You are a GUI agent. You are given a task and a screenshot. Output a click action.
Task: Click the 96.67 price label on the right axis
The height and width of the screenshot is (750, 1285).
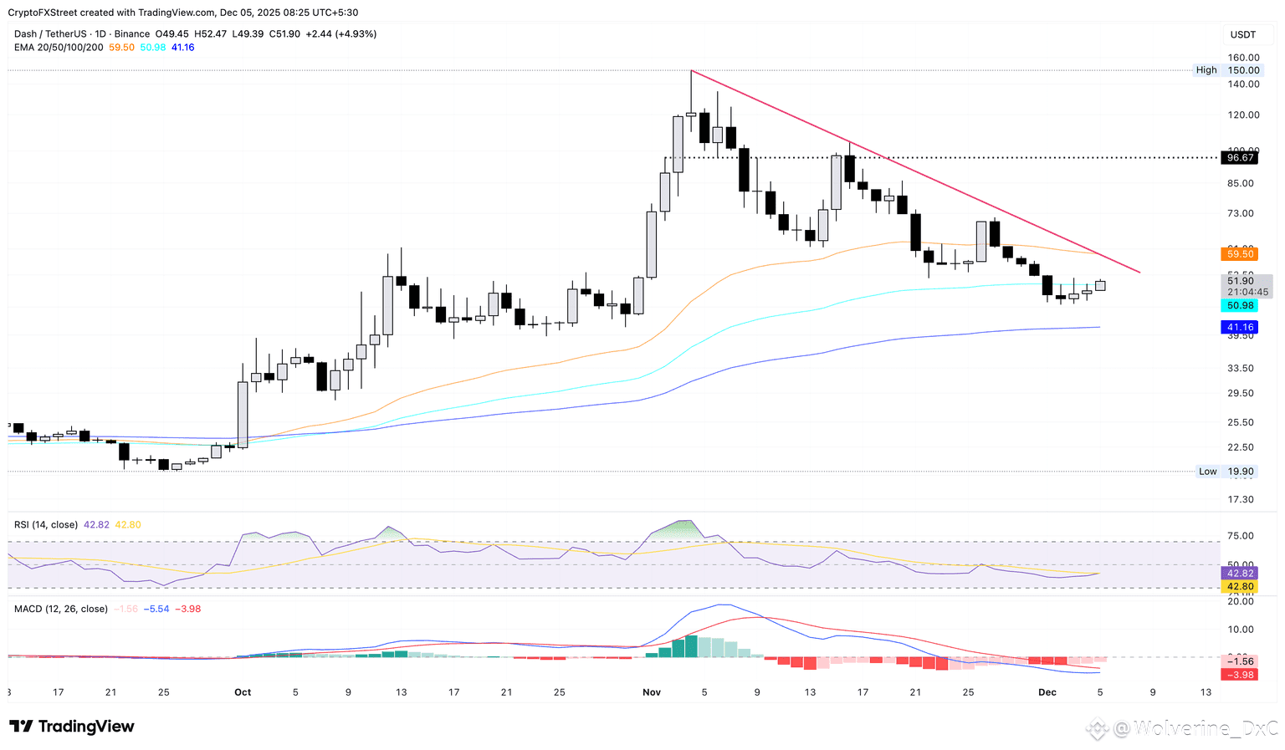point(1240,157)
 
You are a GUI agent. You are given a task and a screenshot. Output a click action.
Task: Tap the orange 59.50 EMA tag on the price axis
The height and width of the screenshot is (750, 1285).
point(1240,253)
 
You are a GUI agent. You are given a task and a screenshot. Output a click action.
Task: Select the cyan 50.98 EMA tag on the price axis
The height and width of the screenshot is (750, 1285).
point(1240,306)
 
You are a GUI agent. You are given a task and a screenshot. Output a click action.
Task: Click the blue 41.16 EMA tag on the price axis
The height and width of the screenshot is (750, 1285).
point(1240,327)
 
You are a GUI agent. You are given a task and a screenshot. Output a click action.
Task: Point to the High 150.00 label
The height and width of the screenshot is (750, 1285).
point(1226,70)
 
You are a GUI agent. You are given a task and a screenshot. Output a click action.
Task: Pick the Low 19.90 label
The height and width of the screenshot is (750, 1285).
point(1226,472)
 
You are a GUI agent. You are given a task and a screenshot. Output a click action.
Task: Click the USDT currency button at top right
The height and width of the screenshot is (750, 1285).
point(1242,34)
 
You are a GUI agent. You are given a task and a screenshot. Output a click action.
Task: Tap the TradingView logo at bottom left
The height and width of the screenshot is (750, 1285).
point(72,727)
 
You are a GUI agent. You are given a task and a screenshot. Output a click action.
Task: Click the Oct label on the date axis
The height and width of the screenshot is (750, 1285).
point(243,692)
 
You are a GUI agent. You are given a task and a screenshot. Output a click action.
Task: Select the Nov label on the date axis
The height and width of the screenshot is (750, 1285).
point(652,692)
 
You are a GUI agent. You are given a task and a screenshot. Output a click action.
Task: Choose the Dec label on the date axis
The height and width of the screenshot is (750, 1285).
point(1047,692)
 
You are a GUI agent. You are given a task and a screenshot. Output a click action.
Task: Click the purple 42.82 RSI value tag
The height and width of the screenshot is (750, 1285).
point(1240,574)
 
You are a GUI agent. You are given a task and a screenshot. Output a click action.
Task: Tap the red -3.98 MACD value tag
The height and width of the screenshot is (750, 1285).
point(1240,675)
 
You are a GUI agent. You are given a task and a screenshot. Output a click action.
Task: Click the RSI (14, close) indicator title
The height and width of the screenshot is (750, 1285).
point(46,525)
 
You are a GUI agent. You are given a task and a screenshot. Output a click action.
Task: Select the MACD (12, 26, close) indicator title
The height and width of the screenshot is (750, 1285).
point(61,609)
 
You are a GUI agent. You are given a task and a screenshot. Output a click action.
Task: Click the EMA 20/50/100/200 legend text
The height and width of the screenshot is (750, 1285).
point(59,48)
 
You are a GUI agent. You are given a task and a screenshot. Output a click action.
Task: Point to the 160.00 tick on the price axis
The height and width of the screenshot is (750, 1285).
point(1243,58)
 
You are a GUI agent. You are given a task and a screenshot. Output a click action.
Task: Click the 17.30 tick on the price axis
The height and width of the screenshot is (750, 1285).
point(1240,499)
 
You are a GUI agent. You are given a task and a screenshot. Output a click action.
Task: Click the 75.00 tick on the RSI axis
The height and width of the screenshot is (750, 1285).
point(1240,536)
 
